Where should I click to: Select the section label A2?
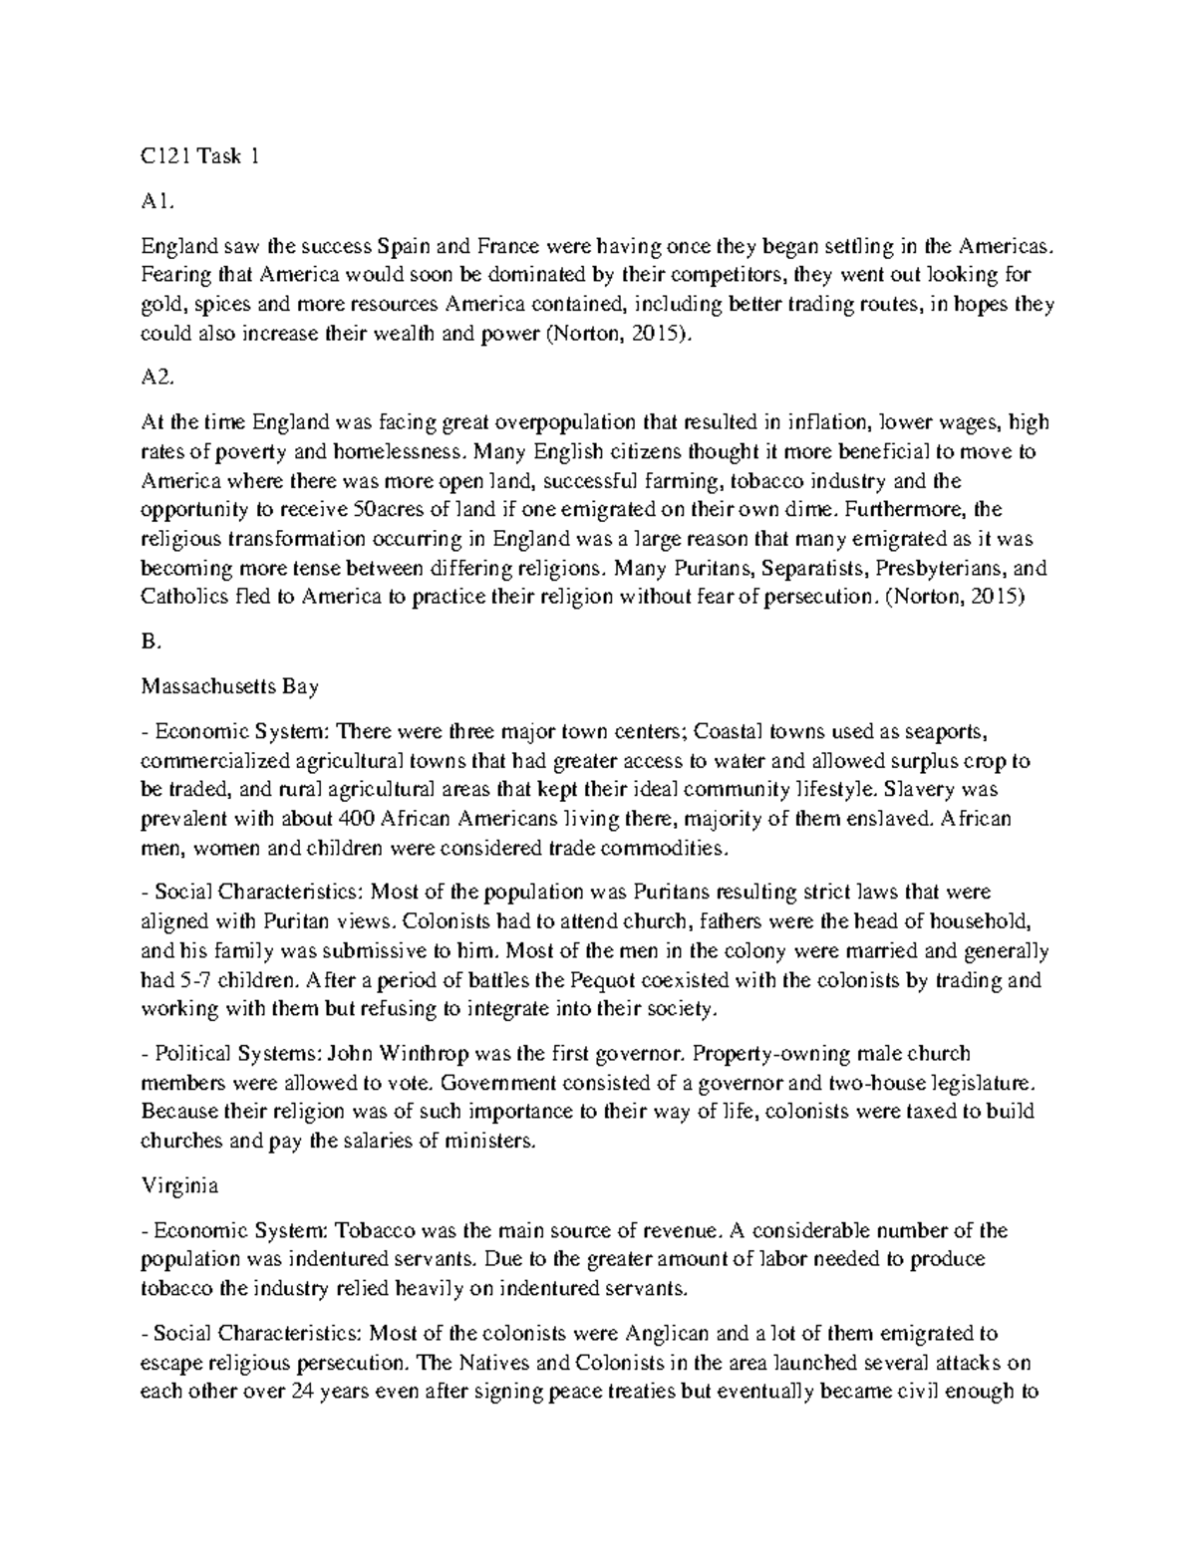coord(157,379)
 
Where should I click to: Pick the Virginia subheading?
coord(179,1186)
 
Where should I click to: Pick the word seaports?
coord(945,731)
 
